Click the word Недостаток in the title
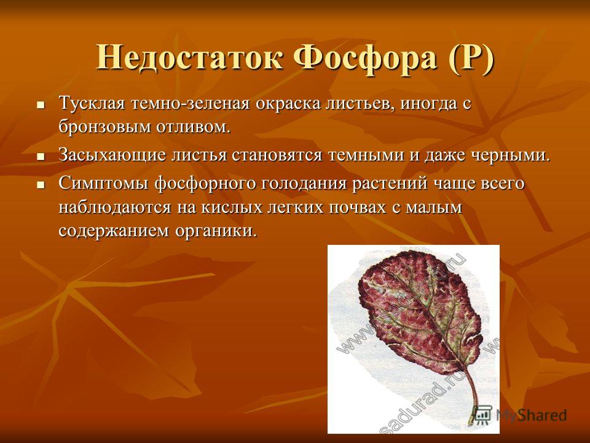point(190,57)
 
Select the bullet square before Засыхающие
point(41,156)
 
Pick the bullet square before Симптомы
point(41,184)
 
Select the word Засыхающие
point(112,156)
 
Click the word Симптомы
point(104,184)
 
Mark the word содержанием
point(114,231)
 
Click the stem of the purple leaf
point(472,392)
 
